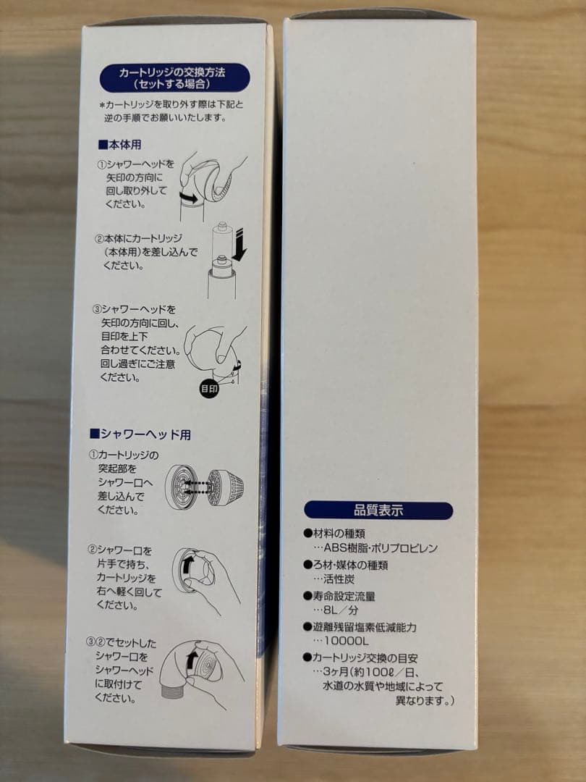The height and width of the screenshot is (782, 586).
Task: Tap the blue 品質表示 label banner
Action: tap(378, 510)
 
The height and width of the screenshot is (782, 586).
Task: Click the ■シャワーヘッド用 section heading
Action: tap(140, 434)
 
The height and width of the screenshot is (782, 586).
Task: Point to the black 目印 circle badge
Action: tap(209, 389)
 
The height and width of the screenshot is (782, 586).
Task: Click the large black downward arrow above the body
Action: tap(239, 251)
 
